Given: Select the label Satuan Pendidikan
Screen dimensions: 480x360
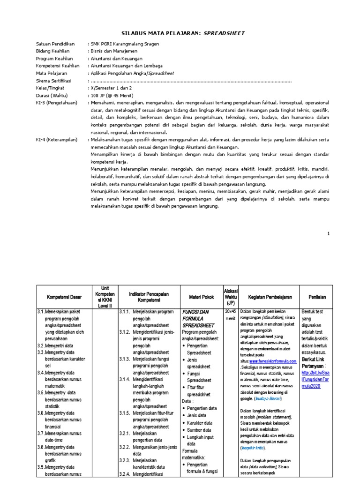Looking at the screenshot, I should click(56, 43).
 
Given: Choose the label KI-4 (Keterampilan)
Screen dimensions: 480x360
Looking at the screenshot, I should click(57, 140).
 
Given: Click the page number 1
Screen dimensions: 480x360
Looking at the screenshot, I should click(329, 233).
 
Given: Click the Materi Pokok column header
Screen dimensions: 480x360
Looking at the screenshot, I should click(201, 297).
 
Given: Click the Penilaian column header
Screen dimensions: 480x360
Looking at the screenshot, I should click(317, 297).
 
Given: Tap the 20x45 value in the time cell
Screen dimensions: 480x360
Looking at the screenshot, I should click(230, 311).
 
